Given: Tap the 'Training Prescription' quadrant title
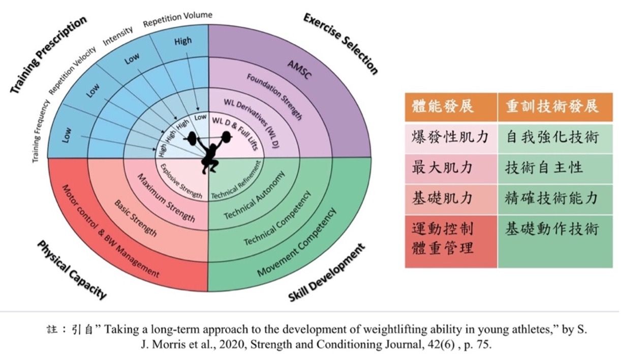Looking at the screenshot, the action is click(49, 54).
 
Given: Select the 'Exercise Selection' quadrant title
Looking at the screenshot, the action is click(340, 44).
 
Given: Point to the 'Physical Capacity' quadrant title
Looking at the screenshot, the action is click(72, 269).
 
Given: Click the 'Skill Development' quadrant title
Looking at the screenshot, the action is click(326, 273).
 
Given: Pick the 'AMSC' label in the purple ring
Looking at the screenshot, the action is click(299, 70).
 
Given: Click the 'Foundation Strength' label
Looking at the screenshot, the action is click(274, 97).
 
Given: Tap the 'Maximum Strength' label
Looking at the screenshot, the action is click(166, 198).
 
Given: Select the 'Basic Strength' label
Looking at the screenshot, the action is click(136, 218).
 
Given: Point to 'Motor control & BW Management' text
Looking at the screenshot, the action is click(111, 231).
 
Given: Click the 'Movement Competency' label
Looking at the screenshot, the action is click(297, 242).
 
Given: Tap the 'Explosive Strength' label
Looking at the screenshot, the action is click(181, 182).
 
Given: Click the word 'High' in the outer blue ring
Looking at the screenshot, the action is click(183, 41).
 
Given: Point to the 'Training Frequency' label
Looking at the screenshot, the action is click(41, 131).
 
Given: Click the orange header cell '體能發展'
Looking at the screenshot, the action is click(443, 106).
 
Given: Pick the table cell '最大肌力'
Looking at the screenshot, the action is click(442, 168).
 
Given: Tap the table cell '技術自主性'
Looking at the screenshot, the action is click(544, 168).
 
